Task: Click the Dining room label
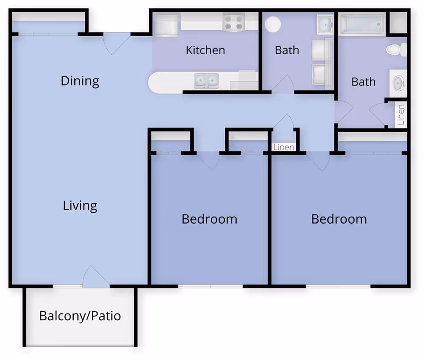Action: tap(80, 81)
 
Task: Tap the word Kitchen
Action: tap(205, 50)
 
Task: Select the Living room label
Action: tap(80, 206)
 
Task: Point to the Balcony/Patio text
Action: tap(80, 316)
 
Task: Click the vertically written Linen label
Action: tap(401, 115)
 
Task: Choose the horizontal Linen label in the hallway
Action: tap(284, 147)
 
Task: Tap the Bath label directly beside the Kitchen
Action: tap(287, 50)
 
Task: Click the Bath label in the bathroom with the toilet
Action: tap(363, 82)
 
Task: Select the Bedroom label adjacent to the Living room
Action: tap(209, 219)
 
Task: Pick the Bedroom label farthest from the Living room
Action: tap(339, 219)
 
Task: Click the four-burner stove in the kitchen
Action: tap(234, 22)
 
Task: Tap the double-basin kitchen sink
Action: tap(206, 81)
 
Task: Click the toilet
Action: tap(396, 49)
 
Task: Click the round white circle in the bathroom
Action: tap(273, 24)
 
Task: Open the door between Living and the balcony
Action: tap(95, 277)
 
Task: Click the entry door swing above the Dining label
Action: tap(117, 43)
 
